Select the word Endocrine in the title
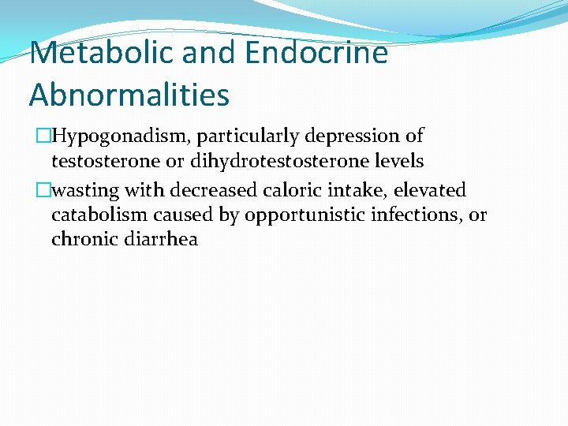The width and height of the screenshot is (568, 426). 316,54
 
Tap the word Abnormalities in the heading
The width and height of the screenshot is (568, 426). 129,95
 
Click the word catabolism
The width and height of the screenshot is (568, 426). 99,215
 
